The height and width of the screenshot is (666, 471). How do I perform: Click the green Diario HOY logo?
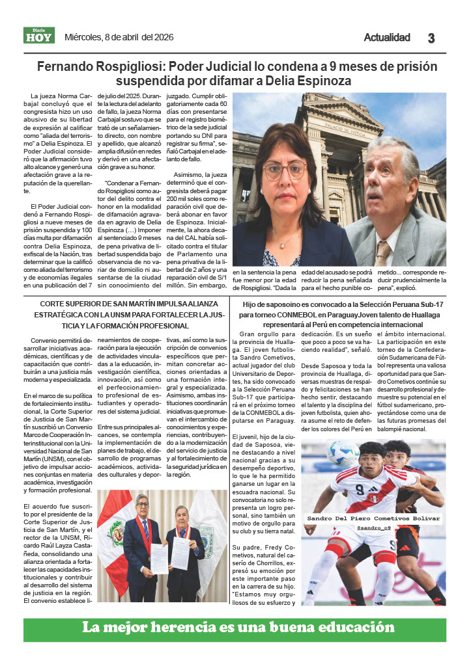[39, 36]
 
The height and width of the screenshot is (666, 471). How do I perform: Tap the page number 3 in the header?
[431, 38]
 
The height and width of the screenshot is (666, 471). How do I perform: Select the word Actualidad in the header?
[386, 38]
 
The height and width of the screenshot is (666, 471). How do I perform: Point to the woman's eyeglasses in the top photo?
[285, 171]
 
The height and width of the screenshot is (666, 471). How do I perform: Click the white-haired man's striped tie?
[383, 252]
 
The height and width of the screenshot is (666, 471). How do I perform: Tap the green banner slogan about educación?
[238, 628]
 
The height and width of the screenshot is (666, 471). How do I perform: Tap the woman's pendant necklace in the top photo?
[281, 244]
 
